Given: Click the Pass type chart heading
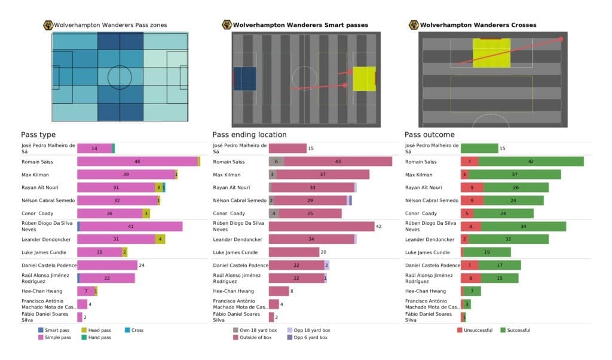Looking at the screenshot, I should coord(38,135).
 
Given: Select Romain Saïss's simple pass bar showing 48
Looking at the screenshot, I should coord(137,161).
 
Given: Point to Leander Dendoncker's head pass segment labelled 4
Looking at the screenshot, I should coord(160,239).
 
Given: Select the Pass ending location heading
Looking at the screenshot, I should coord(249,135).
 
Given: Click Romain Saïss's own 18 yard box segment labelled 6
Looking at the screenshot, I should coord(276,161).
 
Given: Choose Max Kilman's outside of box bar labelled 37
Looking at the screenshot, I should coord(322,175).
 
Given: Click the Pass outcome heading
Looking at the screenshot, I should coord(429,135).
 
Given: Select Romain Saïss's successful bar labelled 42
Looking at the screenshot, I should coord(530,161).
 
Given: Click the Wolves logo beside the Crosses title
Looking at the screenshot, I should coord(413,25).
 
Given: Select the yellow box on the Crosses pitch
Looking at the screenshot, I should coord(491,50).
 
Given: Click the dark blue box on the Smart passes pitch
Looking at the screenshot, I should coord(244,79).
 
